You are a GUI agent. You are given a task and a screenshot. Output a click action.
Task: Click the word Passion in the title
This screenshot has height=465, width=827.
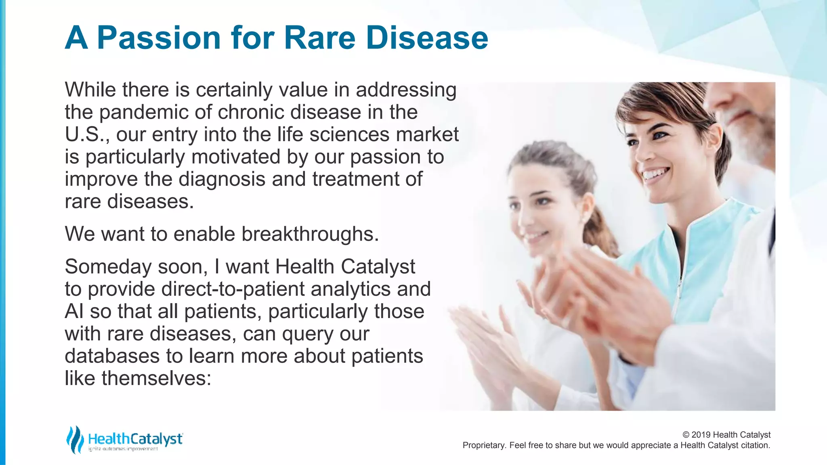point(159,38)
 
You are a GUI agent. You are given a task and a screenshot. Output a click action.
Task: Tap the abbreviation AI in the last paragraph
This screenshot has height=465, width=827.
point(74,312)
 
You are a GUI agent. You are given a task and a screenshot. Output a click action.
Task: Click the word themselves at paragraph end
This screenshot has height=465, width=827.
point(156,378)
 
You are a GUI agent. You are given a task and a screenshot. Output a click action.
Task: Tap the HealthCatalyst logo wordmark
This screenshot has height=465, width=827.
point(135,439)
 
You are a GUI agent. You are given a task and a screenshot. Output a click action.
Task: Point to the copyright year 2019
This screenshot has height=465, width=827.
point(701,435)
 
